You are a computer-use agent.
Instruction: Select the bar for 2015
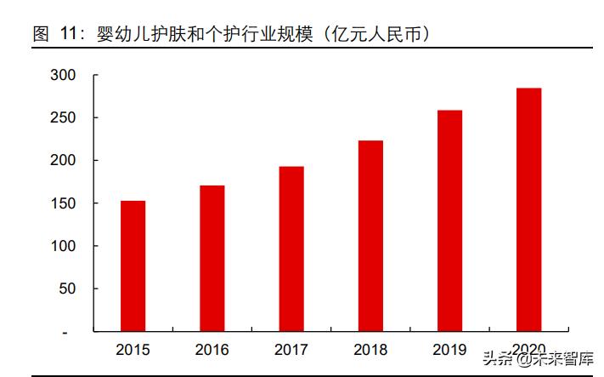pyautogui.click(x=133, y=266)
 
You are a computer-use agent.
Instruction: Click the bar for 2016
pyautogui.click(x=212, y=258)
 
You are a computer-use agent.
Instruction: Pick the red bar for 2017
pyautogui.click(x=291, y=248)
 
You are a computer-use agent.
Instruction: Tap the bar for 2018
pyautogui.click(x=370, y=236)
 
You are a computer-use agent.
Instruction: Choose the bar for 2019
pyautogui.click(x=449, y=220)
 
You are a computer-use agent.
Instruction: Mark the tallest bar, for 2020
pyautogui.click(x=528, y=209)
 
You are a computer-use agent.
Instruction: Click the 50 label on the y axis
pyautogui.click(x=69, y=288)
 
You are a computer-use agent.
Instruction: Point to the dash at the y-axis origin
pyautogui.click(x=75, y=332)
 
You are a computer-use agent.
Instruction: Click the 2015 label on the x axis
pyautogui.click(x=133, y=349)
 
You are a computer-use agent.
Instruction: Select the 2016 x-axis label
pyautogui.click(x=212, y=349)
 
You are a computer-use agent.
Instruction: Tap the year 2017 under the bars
pyautogui.click(x=291, y=349)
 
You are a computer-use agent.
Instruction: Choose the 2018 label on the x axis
pyautogui.click(x=370, y=349)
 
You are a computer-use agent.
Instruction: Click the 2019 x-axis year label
pyautogui.click(x=449, y=349)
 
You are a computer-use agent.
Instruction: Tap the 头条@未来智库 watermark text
pyautogui.click(x=539, y=358)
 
